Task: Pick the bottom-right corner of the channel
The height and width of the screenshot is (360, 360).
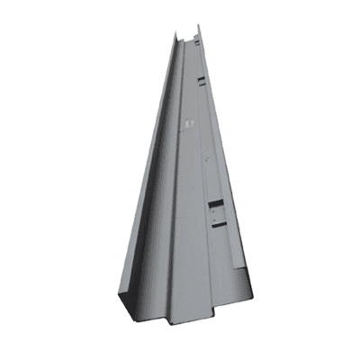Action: coord(253,300)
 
